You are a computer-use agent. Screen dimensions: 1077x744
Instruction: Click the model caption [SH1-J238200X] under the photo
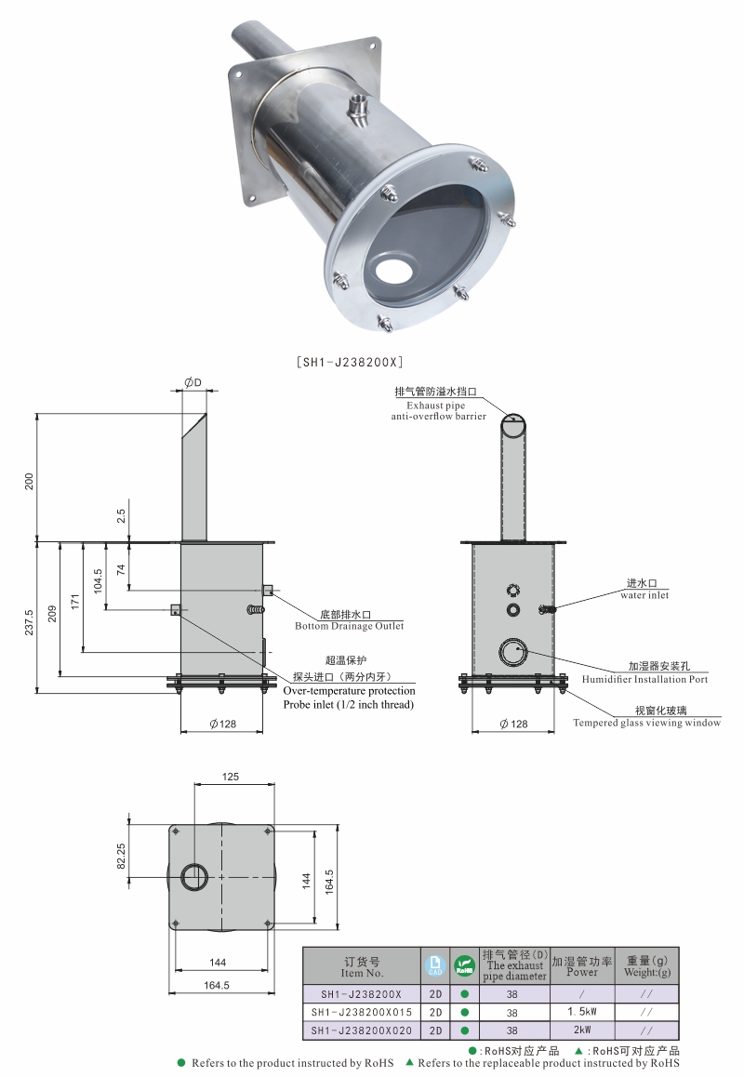(348, 362)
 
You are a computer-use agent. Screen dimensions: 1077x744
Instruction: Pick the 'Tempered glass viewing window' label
(646, 723)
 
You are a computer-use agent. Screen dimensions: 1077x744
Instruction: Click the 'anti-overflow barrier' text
(438, 417)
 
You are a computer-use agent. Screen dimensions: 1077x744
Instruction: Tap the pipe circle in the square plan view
(195, 876)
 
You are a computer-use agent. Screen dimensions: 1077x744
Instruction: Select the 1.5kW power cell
(582, 1011)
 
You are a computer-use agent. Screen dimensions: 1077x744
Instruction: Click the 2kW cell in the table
(582, 1030)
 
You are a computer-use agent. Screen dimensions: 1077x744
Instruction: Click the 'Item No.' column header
(362, 966)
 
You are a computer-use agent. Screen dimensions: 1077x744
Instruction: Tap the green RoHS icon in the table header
(464, 966)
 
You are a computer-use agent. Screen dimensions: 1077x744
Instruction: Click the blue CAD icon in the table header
(434, 966)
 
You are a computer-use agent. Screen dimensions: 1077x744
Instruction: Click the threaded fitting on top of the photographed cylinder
(358, 110)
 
